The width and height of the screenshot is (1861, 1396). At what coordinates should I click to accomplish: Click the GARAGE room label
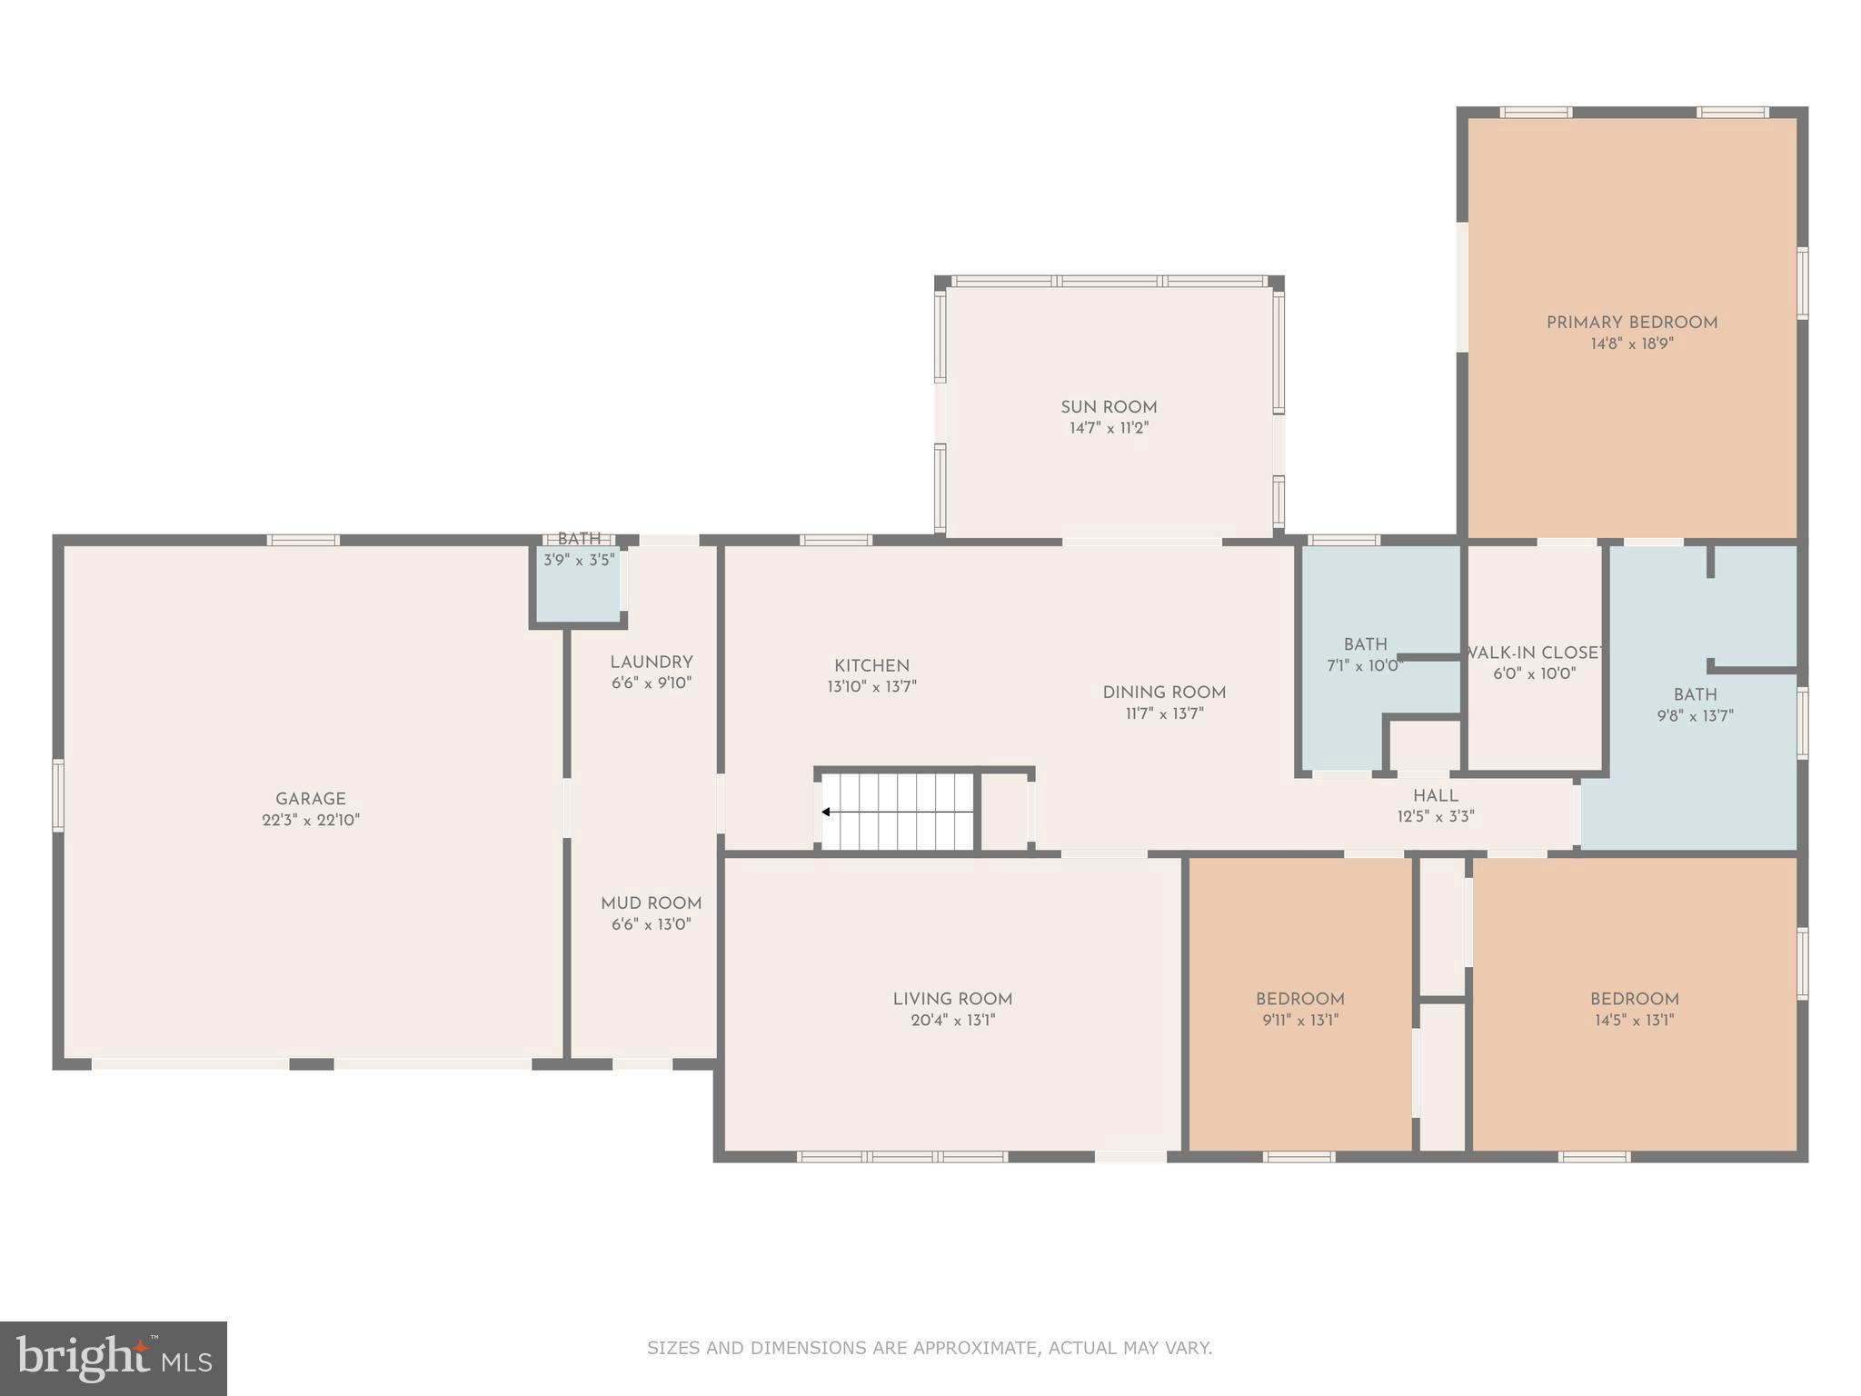311,799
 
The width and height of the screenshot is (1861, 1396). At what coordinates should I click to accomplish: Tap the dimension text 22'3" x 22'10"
311,820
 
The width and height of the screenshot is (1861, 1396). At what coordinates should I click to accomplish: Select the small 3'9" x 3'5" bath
579,582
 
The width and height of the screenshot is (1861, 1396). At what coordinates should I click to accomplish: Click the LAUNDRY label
652,663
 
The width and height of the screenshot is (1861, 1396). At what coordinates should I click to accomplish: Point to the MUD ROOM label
652,903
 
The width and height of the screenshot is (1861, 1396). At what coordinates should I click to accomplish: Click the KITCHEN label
871,666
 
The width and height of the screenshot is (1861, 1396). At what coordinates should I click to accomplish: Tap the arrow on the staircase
827,812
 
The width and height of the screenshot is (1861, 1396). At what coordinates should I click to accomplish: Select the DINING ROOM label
1164,693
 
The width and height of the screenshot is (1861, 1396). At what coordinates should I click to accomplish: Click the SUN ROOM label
1109,407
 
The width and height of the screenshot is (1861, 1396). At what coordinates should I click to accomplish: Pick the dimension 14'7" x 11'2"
1109,428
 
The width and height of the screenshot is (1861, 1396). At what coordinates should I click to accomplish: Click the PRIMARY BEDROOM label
1632,323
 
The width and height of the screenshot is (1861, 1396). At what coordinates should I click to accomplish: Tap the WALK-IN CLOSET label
1535,653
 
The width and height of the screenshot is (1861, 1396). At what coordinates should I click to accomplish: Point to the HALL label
1436,796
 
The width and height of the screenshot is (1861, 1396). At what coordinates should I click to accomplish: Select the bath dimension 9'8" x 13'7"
1695,716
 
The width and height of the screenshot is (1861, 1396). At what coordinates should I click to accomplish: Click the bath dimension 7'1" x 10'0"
1365,665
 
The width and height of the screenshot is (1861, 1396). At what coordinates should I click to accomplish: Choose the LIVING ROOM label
952,999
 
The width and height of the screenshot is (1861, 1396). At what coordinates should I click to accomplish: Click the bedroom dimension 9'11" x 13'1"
1300,1020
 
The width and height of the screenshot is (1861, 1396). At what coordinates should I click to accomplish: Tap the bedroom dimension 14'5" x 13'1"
1634,1020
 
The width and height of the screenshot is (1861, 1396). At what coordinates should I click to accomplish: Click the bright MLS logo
114,1358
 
